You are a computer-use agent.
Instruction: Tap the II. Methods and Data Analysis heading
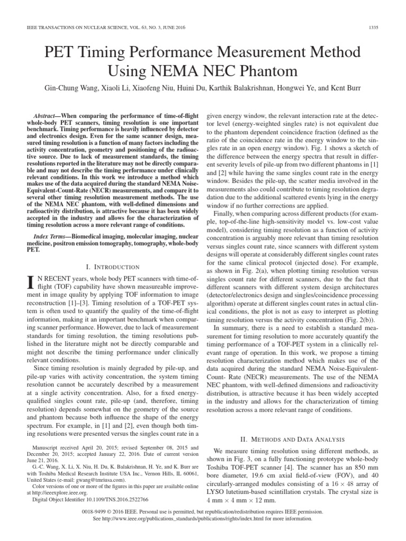point(292,439)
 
